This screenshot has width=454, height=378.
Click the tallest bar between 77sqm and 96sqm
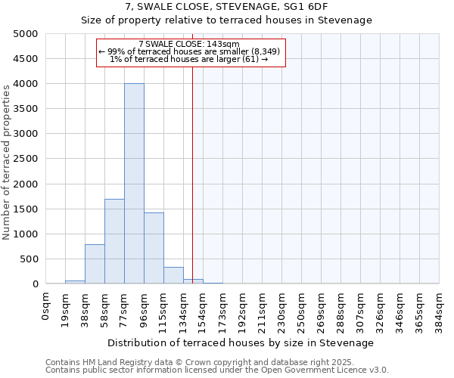(134, 184)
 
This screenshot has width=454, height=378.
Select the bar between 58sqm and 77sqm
(114, 241)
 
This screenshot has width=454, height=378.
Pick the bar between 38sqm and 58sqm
(95, 264)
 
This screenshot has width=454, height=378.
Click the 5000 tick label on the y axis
(26, 34)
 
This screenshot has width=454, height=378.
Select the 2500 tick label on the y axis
(26, 159)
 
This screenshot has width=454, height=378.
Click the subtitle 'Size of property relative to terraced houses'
(226, 20)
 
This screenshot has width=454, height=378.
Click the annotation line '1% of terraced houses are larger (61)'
(189, 59)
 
